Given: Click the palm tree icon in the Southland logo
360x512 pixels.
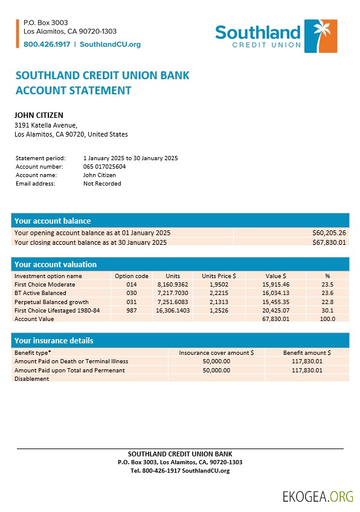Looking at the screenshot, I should (320, 36).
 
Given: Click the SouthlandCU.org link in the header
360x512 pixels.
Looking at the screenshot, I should (110, 44).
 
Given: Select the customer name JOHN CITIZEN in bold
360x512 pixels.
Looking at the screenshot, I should (39, 115).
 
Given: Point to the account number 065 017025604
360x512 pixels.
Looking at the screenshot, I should (104, 166).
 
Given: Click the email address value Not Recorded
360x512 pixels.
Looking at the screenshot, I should (102, 183).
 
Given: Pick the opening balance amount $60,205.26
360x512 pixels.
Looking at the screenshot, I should (329, 233).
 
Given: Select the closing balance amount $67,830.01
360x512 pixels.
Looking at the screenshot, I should (329, 242).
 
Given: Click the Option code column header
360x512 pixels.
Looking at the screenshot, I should (131, 276).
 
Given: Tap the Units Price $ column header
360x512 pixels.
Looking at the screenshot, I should (219, 276).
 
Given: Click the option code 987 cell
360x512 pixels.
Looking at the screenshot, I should (132, 310).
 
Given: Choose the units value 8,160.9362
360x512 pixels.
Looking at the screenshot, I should (172, 284).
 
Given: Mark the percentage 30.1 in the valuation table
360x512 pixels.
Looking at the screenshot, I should (328, 310).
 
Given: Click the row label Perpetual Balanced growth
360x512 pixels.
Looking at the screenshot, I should (51, 302).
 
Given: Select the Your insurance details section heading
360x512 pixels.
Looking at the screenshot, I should (54, 340).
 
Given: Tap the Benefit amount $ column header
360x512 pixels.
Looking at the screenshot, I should (307, 352).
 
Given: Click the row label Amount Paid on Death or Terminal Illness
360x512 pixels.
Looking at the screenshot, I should (71, 361).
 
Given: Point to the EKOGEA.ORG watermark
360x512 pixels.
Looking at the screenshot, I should (317, 496).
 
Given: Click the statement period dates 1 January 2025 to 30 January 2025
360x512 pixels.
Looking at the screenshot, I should (130, 158).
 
